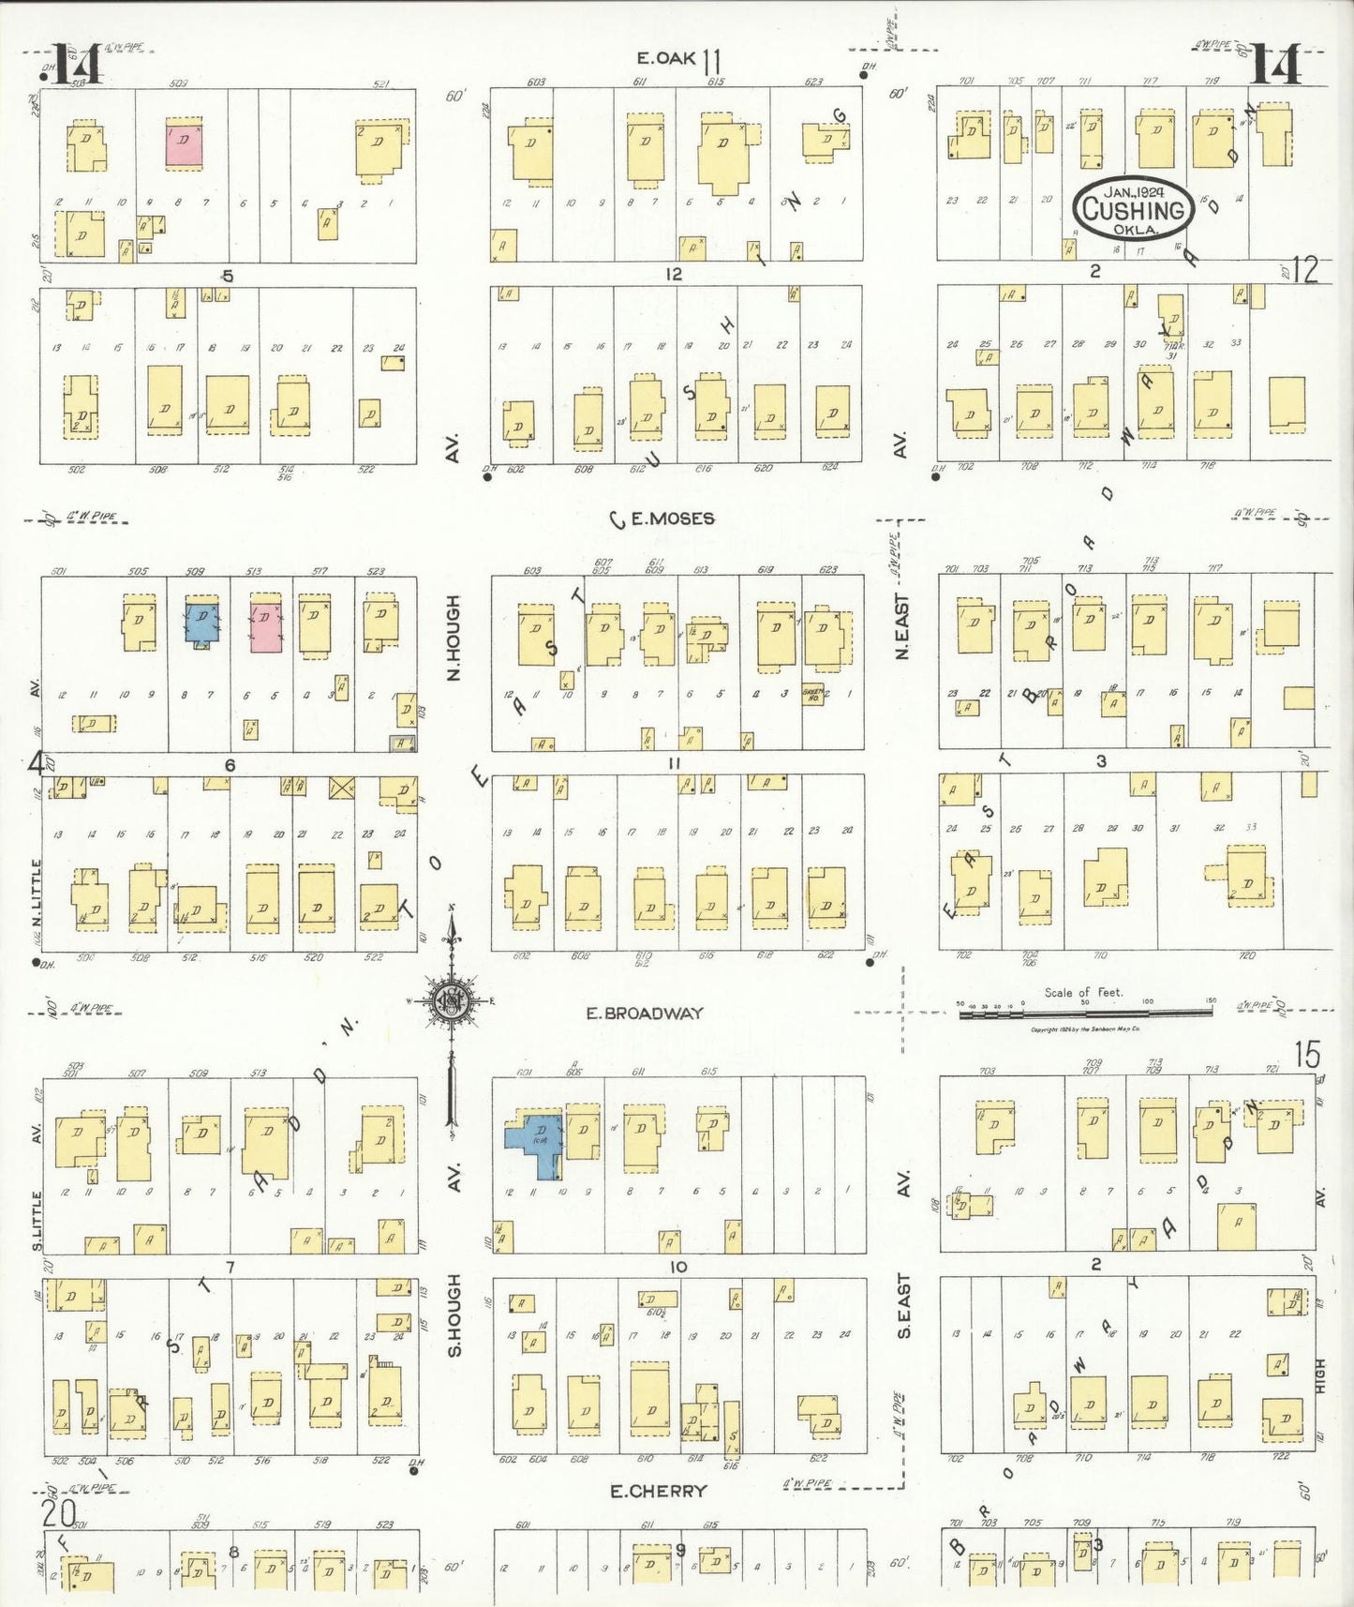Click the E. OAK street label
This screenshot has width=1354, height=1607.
click(665, 58)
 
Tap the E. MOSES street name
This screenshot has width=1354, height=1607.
click(672, 518)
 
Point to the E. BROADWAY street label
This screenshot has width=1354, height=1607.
click(645, 1013)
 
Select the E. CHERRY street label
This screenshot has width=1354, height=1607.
click(659, 1491)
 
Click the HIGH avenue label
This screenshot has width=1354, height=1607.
click(1320, 1374)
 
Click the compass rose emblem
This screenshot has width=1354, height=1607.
click(452, 1001)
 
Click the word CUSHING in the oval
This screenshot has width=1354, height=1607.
click(1134, 211)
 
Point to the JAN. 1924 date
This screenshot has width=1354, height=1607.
click(1134, 191)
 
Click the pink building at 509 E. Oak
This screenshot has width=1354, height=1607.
click(184, 143)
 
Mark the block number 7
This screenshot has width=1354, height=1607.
click(230, 1267)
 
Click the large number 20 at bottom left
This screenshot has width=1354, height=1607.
click(58, 1511)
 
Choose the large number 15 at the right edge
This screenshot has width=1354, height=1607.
click(1307, 1055)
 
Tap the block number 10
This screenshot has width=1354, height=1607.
click(677, 1267)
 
